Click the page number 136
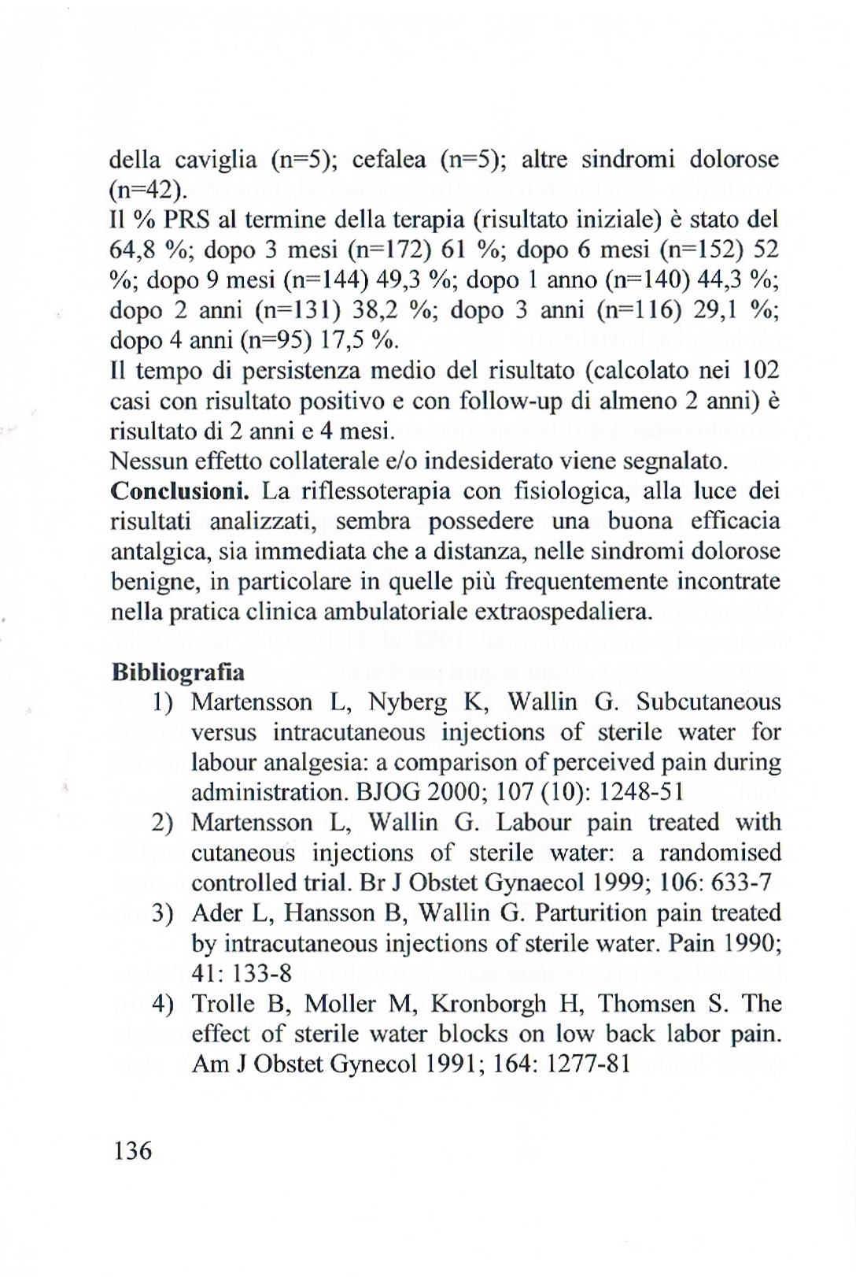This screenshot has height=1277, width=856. pyautogui.click(x=132, y=1151)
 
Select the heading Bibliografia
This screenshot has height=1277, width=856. pyautogui.click(x=178, y=672)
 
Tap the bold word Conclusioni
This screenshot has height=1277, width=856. pyautogui.click(x=180, y=491)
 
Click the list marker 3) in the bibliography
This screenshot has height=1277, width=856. pyautogui.click(x=163, y=913)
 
